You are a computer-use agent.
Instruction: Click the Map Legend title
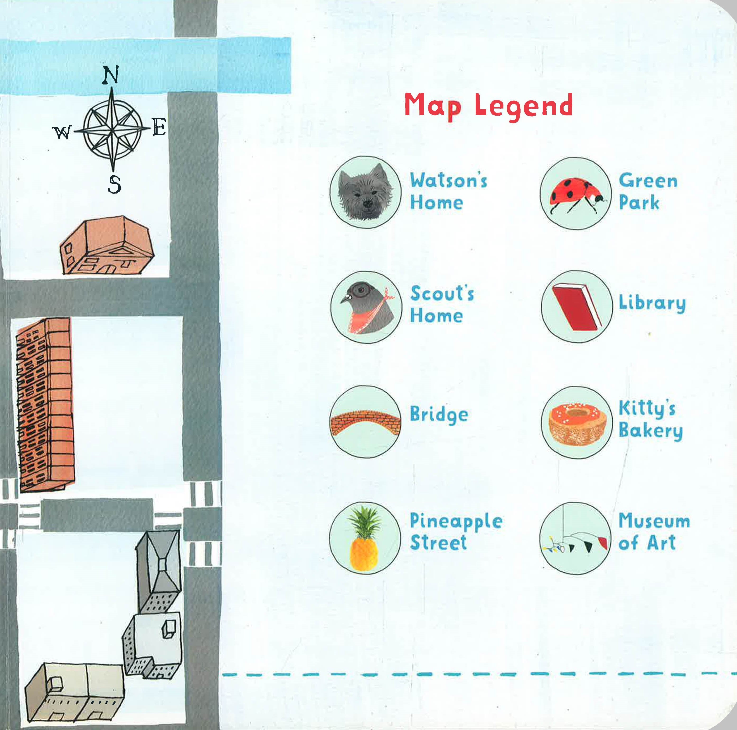[488, 107]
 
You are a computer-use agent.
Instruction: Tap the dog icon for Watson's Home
[365, 192]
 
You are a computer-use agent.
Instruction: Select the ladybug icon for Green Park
[576, 193]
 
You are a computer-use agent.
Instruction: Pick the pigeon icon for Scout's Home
[366, 307]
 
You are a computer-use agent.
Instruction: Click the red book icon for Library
[577, 307]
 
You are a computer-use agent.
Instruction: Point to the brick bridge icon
[365, 422]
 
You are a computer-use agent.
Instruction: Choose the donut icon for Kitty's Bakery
[577, 422]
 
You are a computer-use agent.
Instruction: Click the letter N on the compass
[111, 75]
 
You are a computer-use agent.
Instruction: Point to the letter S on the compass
[114, 185]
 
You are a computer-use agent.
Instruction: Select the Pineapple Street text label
[456, 531]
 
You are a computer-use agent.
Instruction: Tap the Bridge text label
[439, 415]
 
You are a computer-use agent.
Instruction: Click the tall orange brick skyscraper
[45, 404]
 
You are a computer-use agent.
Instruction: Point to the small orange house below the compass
[107, 245]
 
